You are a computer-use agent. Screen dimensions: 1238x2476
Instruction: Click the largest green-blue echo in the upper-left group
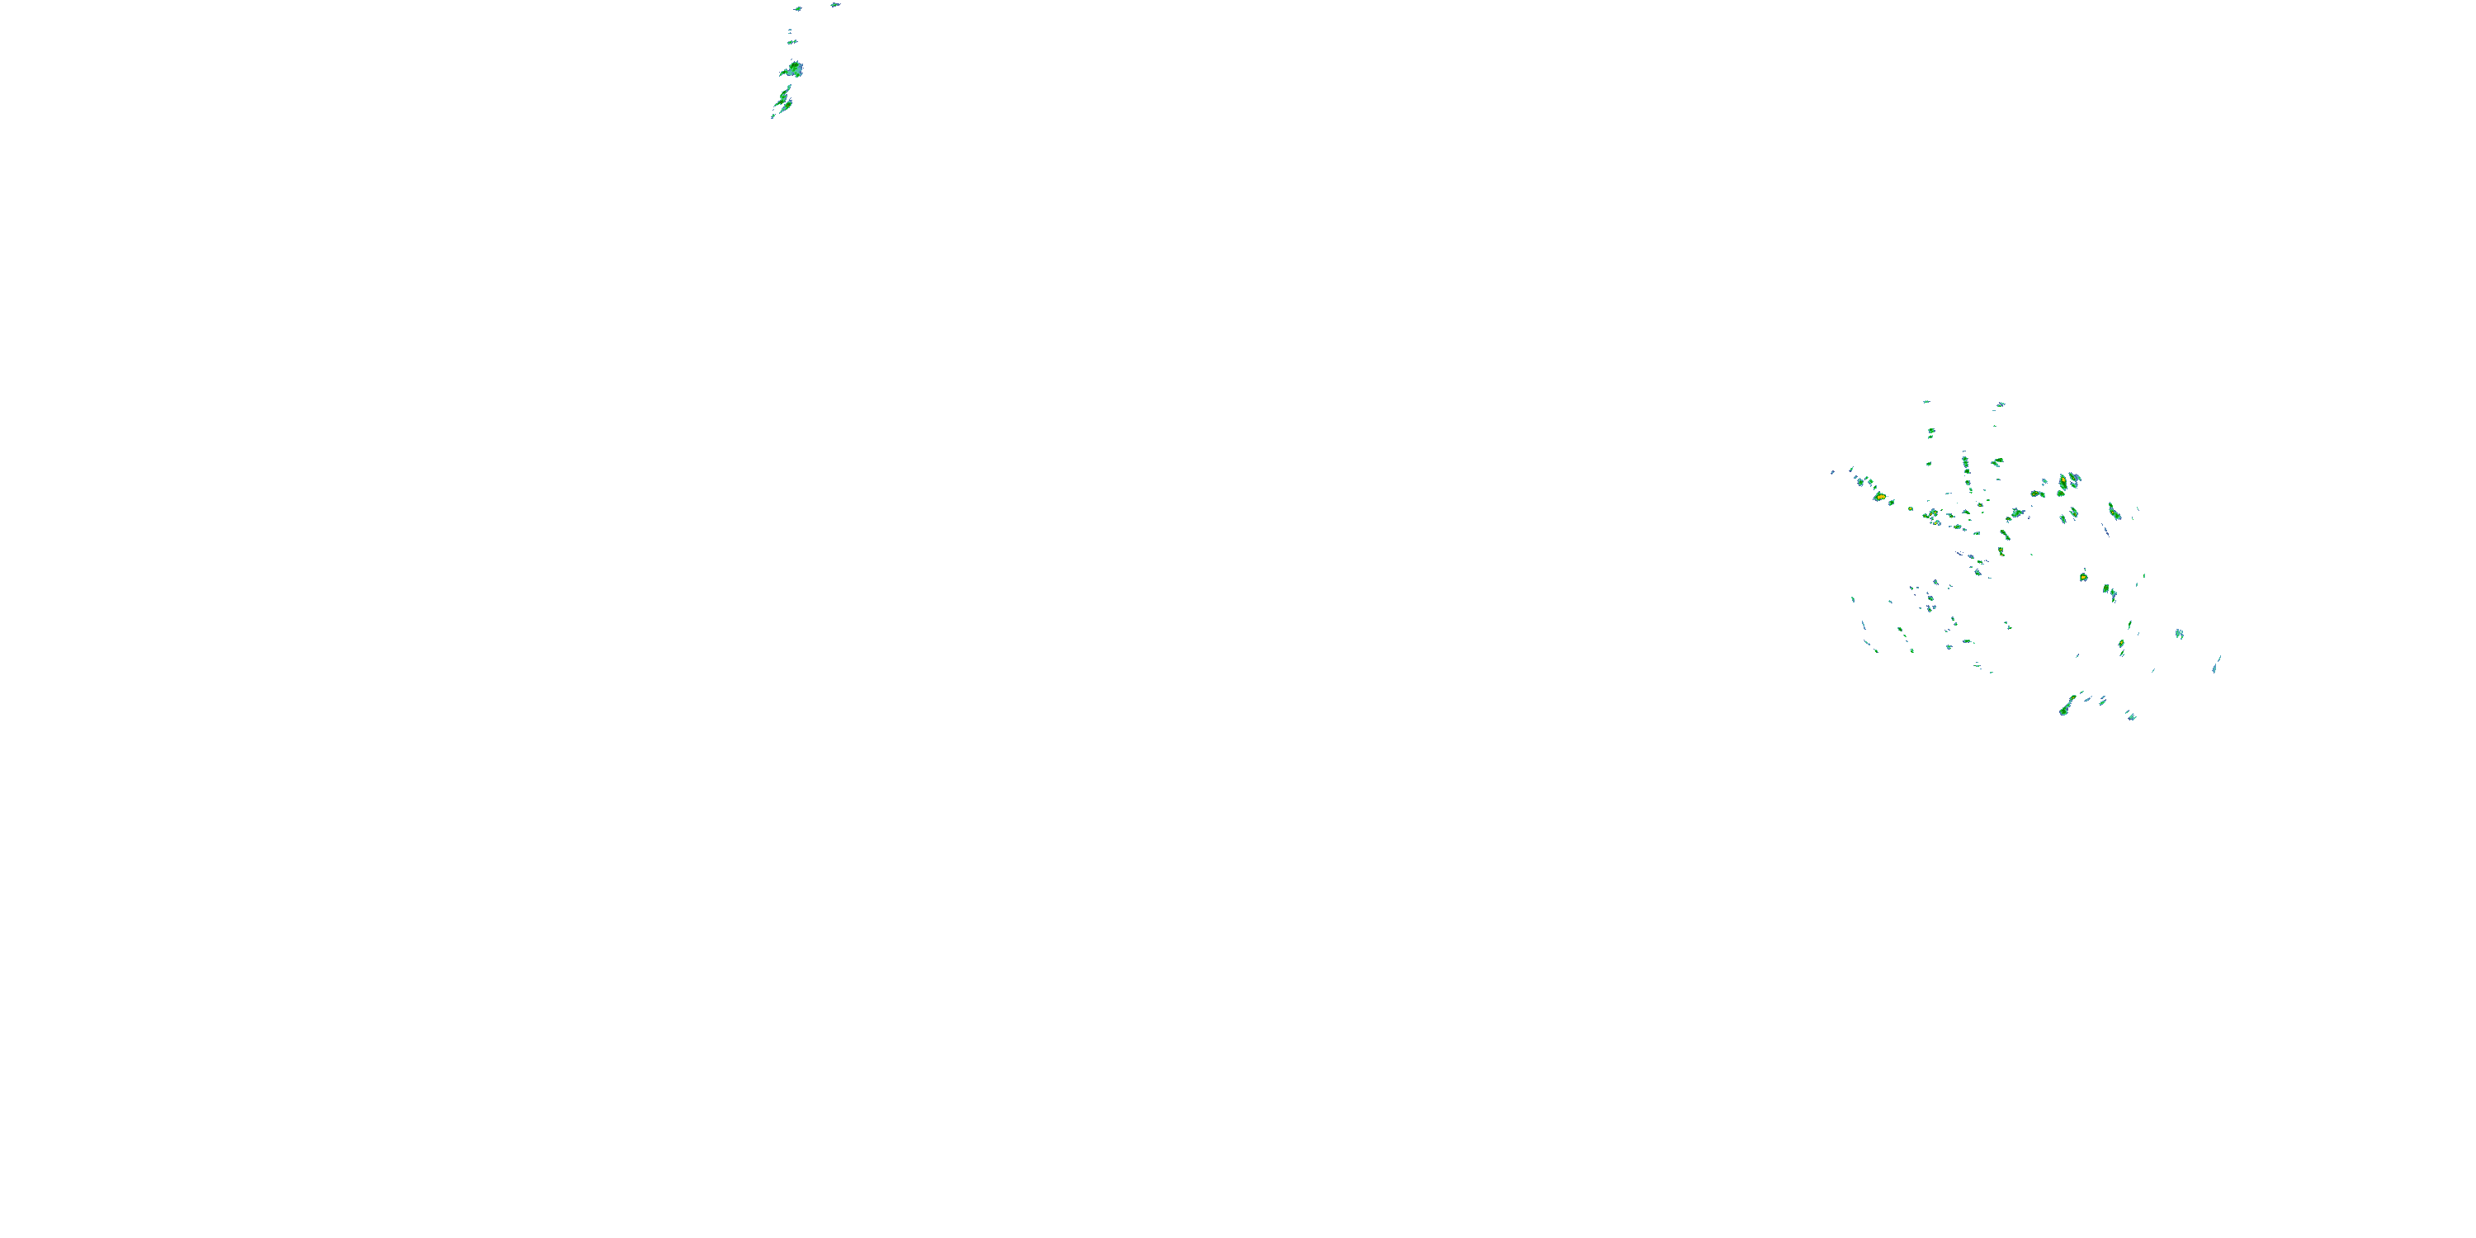pyautogui.click(x=792, y=69)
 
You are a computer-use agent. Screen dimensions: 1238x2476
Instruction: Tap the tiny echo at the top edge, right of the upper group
pyautogui.click(x=834, y=5)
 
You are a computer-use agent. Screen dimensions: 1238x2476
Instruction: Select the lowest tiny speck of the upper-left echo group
pyautogui.click(x=773, y=116)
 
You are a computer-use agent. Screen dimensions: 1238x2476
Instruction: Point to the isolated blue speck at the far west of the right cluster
pyautogui.click(x=1833, y=472)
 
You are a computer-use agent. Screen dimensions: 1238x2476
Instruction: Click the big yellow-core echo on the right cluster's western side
pyautogui.click(x=1879, y=497)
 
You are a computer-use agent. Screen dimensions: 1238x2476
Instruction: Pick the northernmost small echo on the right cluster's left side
pyautogui.click(x=1926, y=402)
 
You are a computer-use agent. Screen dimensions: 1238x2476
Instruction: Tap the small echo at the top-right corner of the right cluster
pyautogui.click(x=2001, y=404)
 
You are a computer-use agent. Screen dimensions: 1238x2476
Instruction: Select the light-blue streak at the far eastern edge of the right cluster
pyautogui.click(x=2217, y=664)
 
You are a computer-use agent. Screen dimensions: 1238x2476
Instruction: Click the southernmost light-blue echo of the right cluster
pyautogui.click(x=2131, y=716)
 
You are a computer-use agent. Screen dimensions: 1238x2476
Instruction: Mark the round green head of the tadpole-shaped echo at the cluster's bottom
pyautogui.click(x=2063, y=711)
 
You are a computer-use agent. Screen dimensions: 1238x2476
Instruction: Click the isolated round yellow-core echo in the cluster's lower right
pyautogui.click(x=2083, y=577)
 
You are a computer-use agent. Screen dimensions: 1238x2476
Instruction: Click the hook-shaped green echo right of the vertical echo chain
pyautogui.click(x=1996, y=462)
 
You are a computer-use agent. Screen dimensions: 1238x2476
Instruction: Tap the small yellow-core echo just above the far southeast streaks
pyautogui.click(x=2121, y=643)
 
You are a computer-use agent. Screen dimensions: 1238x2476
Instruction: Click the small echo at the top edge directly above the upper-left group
pyautogui.click(x=798, y=8)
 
